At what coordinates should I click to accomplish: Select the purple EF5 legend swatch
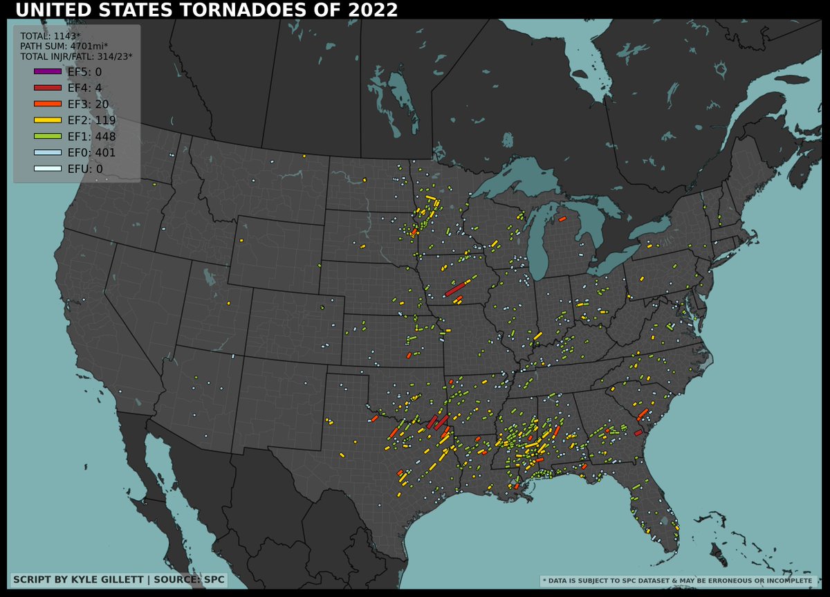pyautogui.click(x=47, y=71)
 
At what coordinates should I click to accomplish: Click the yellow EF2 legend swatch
pyautogui.click(x=47, y=120)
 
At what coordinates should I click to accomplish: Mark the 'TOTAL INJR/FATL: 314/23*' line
pyautogui.click(x=76, y=56)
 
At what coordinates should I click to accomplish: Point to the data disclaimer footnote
pyautogui.click(x=677, y=581)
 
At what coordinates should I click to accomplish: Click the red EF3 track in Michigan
pyautogui.click(x=562, y=220)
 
